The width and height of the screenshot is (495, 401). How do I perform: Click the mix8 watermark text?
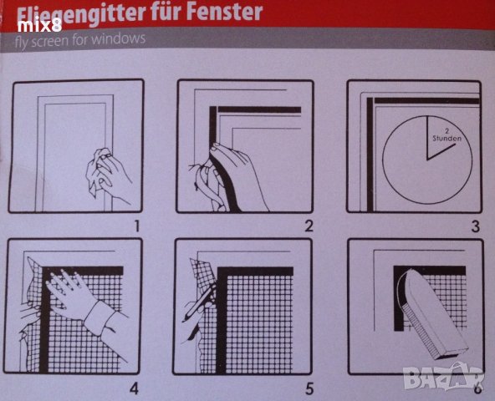[39, 26]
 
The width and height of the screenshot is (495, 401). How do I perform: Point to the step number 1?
[136, 226]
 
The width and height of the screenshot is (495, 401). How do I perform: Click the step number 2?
[309, 226]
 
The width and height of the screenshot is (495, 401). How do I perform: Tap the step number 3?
[475, 226]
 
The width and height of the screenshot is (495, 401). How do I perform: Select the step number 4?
[134, 388]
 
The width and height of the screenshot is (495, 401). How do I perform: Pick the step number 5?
[309, 388]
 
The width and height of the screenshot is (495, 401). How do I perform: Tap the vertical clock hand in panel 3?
[427, 138]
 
